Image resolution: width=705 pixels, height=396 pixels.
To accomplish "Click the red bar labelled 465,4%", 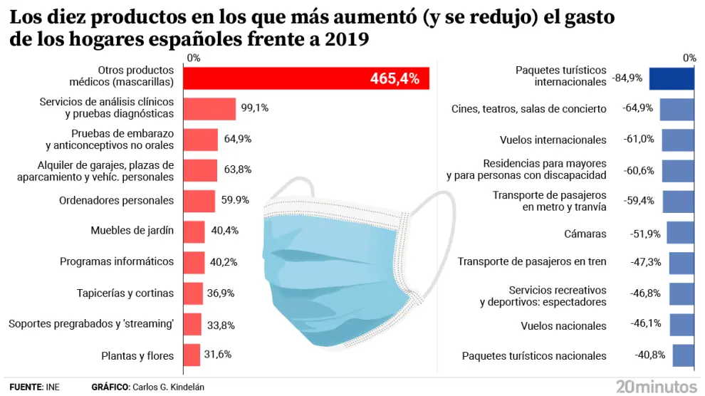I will (306, 78).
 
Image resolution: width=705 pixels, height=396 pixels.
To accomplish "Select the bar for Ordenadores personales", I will (199, 201).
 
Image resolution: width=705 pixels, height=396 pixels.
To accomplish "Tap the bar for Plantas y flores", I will (192, 355).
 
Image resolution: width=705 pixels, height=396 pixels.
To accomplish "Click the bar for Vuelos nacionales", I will (682, 325).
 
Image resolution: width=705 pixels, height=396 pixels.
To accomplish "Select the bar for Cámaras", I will (680, 233).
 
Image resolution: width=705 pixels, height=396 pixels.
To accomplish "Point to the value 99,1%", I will (255, 108).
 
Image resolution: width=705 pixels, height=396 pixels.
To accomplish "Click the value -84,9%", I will (627, 78).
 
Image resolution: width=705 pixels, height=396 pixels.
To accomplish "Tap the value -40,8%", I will (650, 355).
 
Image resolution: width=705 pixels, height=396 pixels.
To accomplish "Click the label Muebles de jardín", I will (132, 231).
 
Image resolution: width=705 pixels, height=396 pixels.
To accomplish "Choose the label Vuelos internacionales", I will (553, 140).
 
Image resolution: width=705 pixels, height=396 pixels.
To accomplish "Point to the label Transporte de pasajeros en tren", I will (532, 261).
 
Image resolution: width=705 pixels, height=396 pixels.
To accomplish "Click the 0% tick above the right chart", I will (688, 58).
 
